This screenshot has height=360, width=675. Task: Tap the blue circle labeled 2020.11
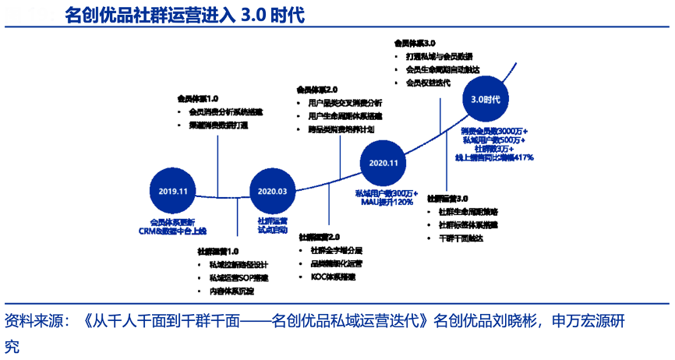(384, 163)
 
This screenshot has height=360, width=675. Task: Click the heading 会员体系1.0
(198, 99)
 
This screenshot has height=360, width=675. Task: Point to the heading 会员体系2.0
(316, 90)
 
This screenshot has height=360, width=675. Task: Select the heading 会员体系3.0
(415, 44)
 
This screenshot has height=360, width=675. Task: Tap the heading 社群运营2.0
(320, 236)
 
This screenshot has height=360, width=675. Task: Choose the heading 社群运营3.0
(448, 198)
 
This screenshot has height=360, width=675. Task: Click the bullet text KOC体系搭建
(334, 277)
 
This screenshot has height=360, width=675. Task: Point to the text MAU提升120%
(386, 203)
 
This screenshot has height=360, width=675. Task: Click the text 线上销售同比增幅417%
(494, 157)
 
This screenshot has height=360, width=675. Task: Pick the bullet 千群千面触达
(461, 238)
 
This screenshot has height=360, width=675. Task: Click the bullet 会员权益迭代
(428, 83)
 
